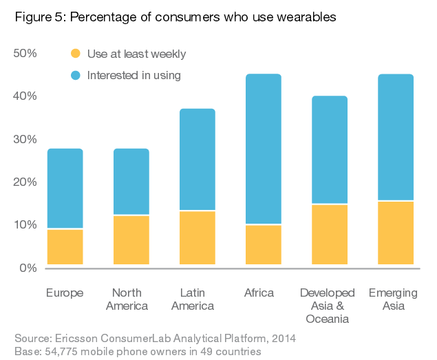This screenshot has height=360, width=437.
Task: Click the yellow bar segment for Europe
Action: click(65, 247)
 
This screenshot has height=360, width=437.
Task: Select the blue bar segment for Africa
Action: click(264, 149)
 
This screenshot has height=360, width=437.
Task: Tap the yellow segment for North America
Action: click(131, 240)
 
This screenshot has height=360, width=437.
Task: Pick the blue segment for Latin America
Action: click(197, 159)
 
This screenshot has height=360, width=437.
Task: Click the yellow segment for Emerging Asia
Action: click(396, 233)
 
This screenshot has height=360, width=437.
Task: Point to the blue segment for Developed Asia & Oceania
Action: click(330, 149)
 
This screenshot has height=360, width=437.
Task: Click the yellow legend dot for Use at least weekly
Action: click(76, 54)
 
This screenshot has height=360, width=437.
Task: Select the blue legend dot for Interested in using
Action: click(76, 75)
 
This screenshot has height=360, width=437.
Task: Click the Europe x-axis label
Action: click(65, 293)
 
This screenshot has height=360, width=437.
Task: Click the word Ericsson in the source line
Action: click(76, 339)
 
